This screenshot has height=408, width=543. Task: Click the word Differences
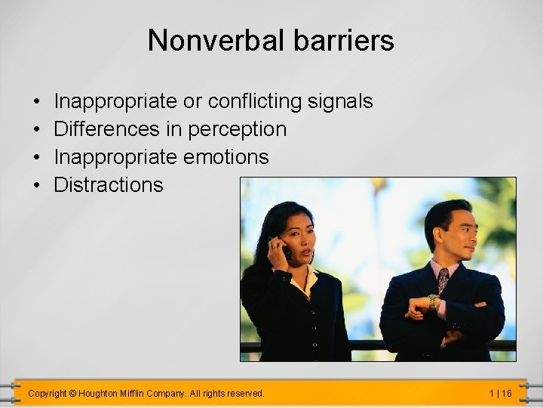(107, 129)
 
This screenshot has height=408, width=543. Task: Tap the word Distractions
(108, 185)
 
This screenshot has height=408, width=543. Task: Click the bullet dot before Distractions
(36, 186)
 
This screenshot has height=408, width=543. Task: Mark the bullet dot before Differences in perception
(36, 130)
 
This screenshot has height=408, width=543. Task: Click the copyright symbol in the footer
(72, 394)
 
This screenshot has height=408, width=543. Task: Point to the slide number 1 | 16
(500, 394)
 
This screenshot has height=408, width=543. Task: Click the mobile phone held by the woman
(285, 249)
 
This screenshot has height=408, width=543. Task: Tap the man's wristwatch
(433, 301)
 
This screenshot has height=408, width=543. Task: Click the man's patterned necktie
(443, 279)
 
